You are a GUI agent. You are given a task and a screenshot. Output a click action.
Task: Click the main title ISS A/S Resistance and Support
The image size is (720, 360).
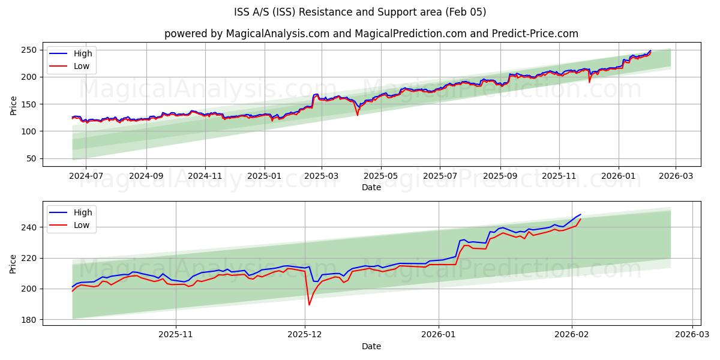[x=360, y=12]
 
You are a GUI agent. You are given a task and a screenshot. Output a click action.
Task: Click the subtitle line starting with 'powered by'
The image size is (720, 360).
[x=371, y=34]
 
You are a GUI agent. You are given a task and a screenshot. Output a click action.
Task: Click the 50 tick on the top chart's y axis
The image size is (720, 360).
[x=32, y=158]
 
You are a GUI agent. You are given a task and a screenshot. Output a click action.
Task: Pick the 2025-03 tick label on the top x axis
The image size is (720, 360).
[x=322, y=176]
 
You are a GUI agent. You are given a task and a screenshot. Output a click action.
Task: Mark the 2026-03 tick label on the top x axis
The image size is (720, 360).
[x=675, y=176]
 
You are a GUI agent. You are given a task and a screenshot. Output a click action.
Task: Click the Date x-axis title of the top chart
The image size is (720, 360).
[x=371, y=187]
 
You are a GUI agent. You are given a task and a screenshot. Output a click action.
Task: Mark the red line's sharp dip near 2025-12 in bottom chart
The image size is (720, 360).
[x=309, y=305]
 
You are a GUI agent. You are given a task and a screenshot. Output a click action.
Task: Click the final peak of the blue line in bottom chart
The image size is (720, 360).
[x=580, y=214]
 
